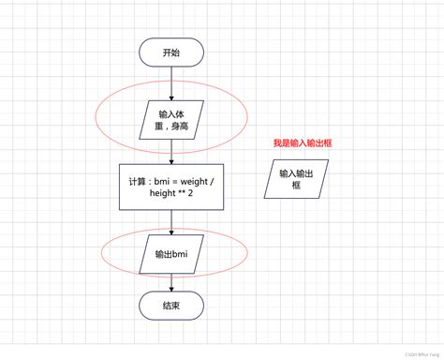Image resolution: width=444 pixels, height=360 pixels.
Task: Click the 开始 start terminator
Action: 170,52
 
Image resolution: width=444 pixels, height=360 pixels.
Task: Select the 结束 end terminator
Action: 170,305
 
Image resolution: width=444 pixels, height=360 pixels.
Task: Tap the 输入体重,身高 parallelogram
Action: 170,119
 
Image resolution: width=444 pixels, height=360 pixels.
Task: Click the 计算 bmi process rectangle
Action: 170,187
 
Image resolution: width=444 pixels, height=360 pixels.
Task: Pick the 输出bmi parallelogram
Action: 170,253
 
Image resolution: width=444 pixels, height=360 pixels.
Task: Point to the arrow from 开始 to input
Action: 170,82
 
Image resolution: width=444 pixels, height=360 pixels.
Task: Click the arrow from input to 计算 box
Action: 170,152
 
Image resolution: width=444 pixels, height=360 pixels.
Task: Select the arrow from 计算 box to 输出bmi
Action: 170,221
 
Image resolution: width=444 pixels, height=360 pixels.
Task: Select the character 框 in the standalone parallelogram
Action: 296,186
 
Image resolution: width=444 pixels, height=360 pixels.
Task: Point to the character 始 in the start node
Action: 176,52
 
